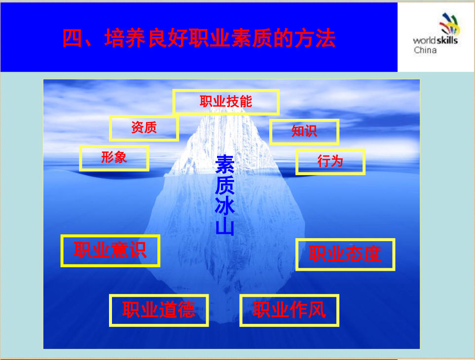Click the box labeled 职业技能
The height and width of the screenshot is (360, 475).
[226, 102]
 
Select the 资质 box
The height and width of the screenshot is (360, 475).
[144, 128]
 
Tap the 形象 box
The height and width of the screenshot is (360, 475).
[114, 158]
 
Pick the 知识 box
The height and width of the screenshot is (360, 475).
[304, 132]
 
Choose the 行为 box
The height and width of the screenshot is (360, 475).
[330, 162]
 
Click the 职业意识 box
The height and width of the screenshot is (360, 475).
[110, 251]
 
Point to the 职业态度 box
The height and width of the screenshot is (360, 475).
[345, 254]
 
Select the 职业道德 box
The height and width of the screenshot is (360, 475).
[159, 310]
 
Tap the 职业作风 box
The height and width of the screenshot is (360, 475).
[290, 310]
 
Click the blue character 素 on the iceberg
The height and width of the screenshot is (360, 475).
[225, 164]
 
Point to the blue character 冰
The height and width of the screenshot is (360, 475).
[225, 205]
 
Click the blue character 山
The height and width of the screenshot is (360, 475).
[225, 226]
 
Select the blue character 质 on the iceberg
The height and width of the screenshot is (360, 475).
[225, 185]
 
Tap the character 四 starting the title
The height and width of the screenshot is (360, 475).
[73, 38]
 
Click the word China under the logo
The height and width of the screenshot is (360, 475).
[425, 50]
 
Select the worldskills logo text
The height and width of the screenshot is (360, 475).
[436, 40]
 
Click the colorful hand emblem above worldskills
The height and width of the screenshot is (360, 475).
[450, 24]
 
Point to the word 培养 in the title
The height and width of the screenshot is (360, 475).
[125, 38]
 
